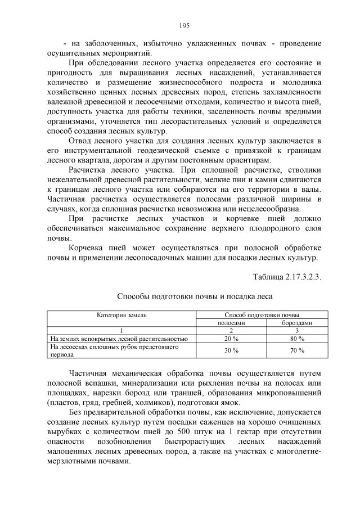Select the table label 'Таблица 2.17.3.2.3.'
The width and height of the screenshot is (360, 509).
(x=287, y=276)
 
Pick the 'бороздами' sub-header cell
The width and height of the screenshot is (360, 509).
(x=296, y=323)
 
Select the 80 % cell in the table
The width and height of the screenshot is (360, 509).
(x=296, y=339)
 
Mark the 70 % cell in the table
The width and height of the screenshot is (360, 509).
(x=296, y=350)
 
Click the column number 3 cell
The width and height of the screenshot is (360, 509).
(x=296, y=331)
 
